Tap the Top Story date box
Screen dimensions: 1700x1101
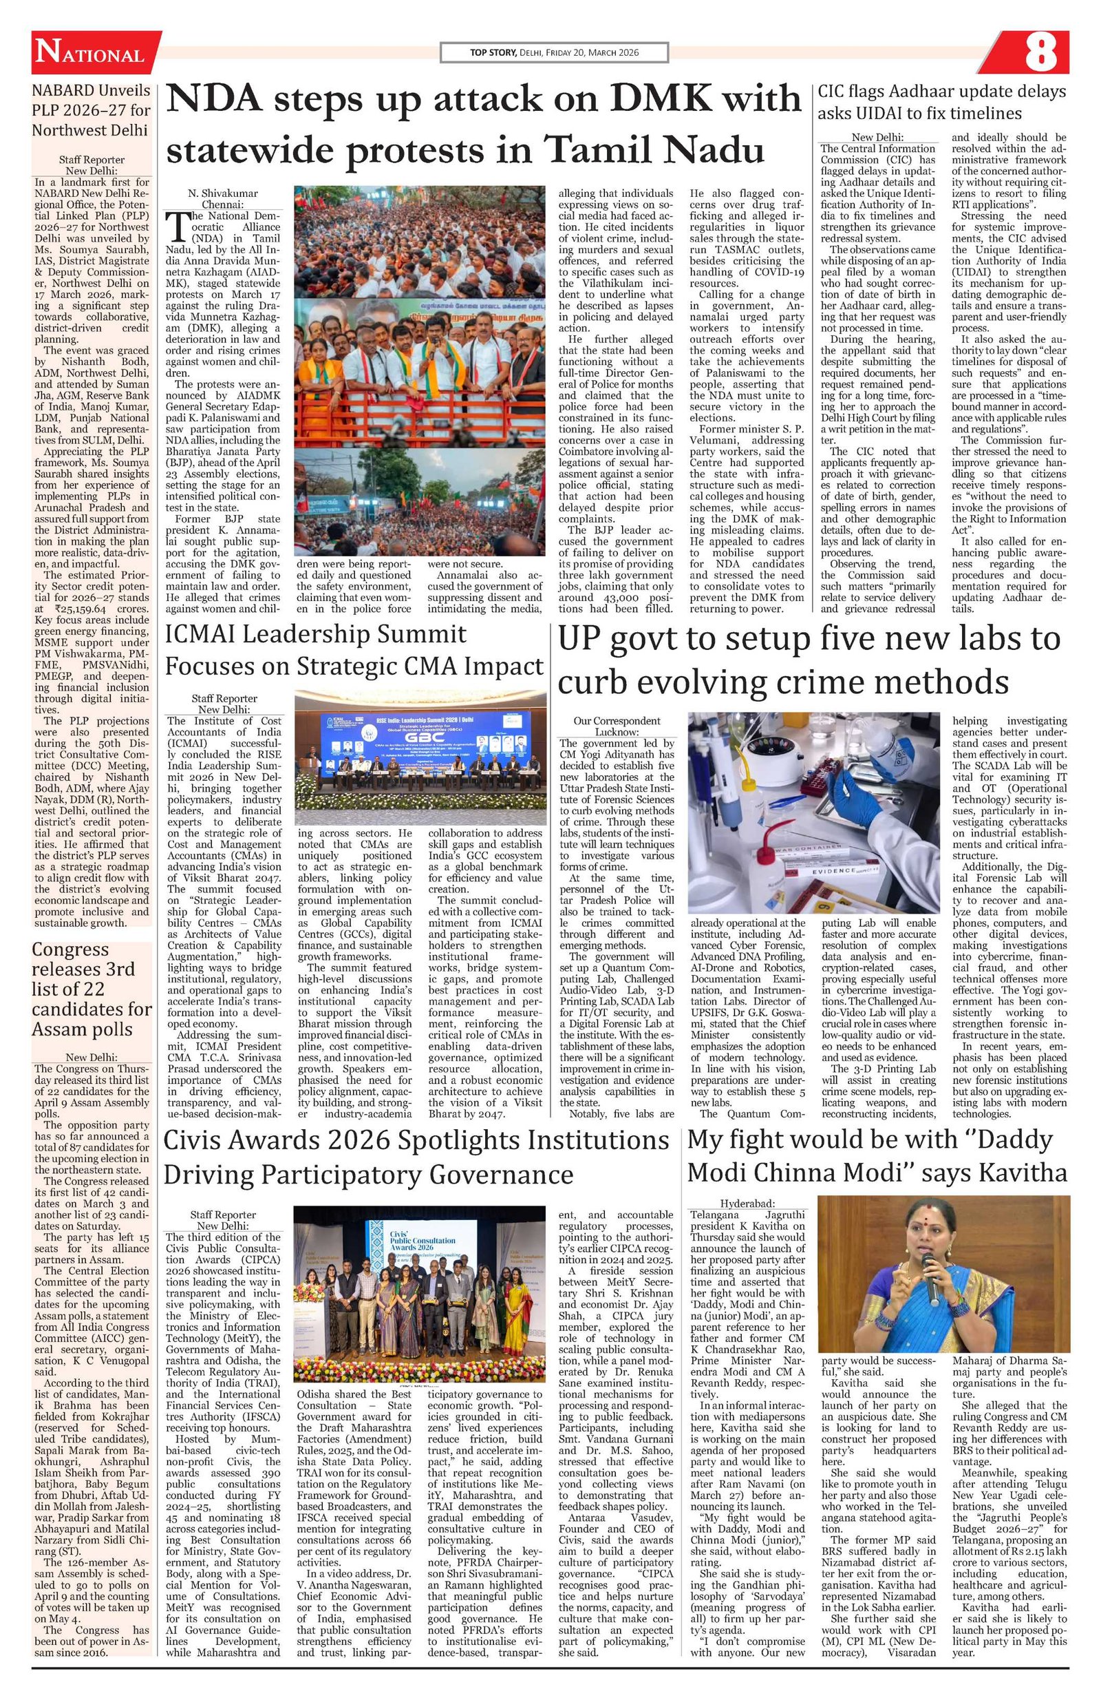click(x=553, y=52)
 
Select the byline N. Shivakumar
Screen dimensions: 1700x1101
click(x=223, y=193)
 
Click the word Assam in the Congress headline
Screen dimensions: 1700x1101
click(x=56, y=1029)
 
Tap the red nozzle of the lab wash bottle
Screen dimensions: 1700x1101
click(x=776, y=826)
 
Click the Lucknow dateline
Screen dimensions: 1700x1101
click(x=618, y=732)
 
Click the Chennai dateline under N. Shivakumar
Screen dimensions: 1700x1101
click(x=223, y=204)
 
